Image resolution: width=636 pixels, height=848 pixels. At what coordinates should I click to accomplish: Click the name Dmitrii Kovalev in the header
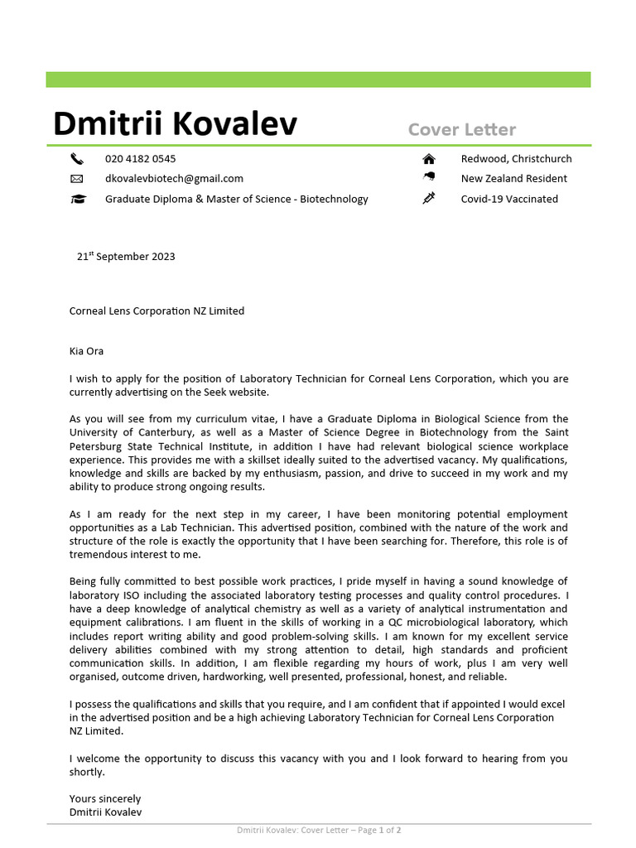175,124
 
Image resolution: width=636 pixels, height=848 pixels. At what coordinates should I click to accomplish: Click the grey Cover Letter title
461,129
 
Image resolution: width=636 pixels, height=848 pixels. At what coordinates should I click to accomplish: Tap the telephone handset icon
77,159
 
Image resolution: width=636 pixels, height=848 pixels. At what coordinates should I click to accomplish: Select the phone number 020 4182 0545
140,159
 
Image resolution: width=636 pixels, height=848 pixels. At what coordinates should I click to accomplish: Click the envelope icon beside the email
77,179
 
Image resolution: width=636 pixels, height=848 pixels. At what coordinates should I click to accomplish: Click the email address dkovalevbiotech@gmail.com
174,179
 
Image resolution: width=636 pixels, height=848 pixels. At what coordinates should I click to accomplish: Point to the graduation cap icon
77,199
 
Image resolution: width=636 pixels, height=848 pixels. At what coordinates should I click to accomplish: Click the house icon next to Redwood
428,159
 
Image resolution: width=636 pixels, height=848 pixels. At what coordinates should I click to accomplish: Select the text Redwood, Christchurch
516,159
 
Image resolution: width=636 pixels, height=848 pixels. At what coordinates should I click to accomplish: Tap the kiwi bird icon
428,178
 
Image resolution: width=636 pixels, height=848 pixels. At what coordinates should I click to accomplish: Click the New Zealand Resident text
513,179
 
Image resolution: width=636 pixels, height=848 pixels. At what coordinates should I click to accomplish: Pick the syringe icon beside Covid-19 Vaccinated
428,198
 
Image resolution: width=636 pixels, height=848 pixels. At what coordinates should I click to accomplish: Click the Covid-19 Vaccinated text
509,199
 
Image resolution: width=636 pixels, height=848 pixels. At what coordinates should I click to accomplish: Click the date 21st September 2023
126,257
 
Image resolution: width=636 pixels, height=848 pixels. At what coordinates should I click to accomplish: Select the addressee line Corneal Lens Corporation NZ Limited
157,311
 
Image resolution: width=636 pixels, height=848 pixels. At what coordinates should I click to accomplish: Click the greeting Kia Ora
86,351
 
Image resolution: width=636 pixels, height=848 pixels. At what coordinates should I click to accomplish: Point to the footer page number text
319,830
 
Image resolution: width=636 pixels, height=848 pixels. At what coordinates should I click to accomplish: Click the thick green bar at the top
318,79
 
